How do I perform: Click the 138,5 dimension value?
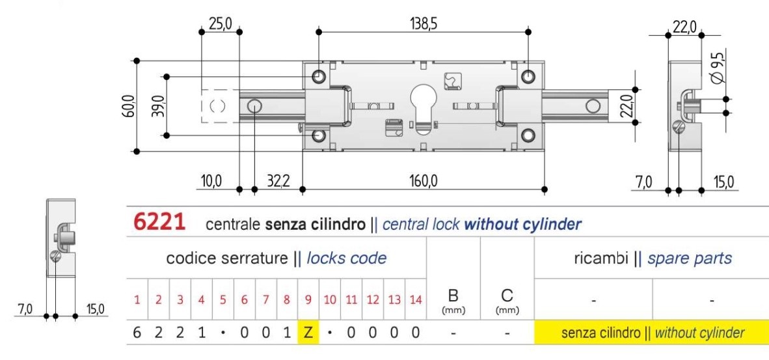coord(423,24)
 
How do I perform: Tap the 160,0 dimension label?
coord(424,181)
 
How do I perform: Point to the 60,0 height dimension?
coord(128,106)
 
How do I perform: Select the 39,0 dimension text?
coord(156,105)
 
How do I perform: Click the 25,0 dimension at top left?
coord(220,24)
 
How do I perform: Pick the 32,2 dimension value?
coord(278,181)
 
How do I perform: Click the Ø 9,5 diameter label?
coord(718,68)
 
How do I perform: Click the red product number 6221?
coord(160,223)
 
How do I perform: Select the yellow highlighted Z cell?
coord(308,333)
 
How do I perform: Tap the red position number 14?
coord(416,299)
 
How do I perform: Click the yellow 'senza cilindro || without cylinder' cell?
coord(651,333)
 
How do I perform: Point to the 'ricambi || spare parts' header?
coord(651,258)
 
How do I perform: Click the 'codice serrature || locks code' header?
coord(277,258)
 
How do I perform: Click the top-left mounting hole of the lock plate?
coord(319,76)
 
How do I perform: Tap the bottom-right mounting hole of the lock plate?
coord(528,135)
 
